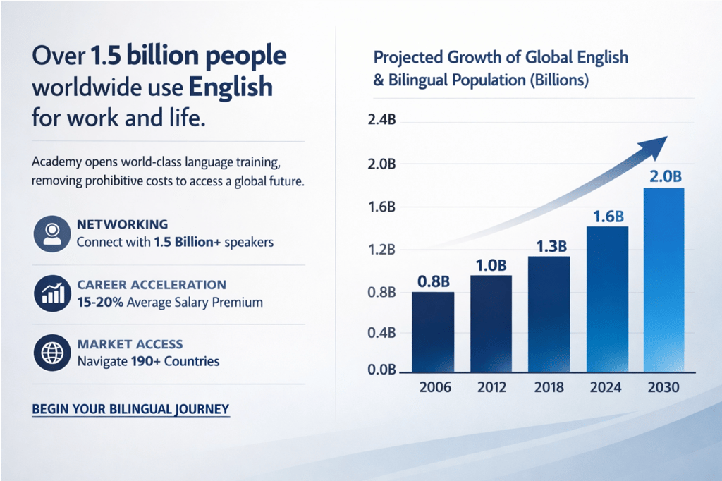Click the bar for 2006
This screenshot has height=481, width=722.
433,331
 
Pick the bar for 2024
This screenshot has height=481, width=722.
607,299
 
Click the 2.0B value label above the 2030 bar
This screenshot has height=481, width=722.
664,177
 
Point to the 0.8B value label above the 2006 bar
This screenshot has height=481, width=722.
433,281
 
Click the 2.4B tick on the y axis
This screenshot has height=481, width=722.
381,121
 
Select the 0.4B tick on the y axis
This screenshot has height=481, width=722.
381,332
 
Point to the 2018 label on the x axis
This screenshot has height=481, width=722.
549,388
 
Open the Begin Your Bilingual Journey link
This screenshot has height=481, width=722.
131,409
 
